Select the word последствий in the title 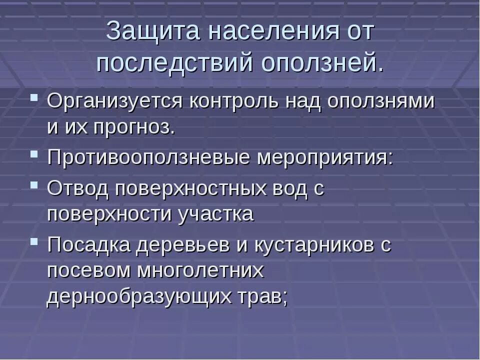[174, 63]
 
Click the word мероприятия [325, 158]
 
